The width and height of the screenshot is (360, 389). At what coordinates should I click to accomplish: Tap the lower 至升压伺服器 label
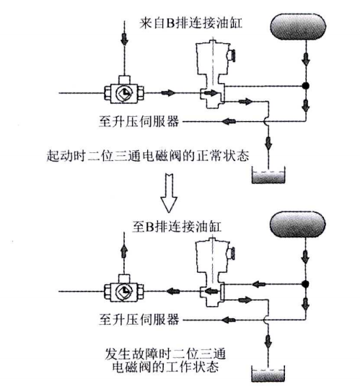138,317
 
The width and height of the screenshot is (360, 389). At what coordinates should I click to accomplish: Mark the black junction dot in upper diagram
305,86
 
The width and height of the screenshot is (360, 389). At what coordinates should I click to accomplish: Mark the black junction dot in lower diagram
305,284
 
